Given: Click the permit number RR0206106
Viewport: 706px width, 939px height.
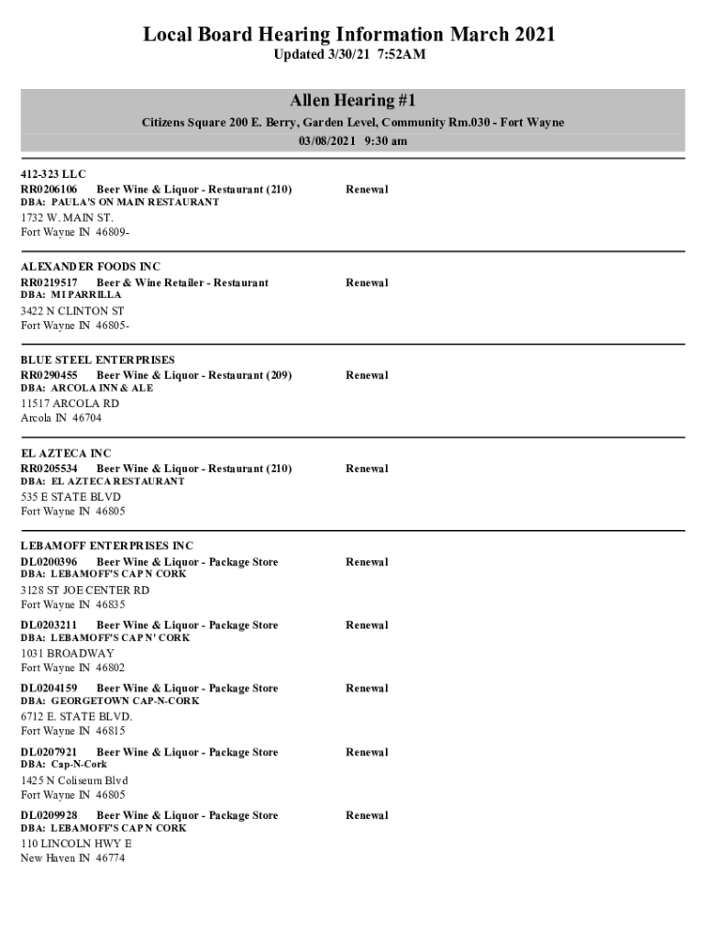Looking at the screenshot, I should pyautogui.click(x=49, y=190).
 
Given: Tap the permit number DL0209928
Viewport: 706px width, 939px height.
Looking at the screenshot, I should pyautogui.click(x=49, y=815).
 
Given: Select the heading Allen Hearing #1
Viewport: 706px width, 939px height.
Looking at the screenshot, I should pyautogui.click(x=353, y=101).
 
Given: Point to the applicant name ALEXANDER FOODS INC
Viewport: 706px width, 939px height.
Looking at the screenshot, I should pyautogui.click(x=91, y=267).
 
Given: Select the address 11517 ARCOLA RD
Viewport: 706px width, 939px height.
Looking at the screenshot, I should pyautogui.click(x=70, y=403).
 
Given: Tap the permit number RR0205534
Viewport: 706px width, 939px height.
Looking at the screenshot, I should pyautogui.click(x=49, y=469).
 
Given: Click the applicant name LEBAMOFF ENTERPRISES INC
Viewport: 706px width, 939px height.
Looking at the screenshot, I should pyautogui.click(x=107, y=547).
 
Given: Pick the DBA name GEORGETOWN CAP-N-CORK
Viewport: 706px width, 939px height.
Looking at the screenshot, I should pyautogui.click(x=125, y=701).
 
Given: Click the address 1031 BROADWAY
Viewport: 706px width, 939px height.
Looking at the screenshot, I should pyautogui.click(x=67, y=653).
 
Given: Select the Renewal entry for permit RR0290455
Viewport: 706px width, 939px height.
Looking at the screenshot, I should pyautogui.click(x=367, y=375).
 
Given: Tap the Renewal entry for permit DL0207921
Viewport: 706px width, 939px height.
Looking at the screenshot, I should pyautogui.click(x=367, y=752).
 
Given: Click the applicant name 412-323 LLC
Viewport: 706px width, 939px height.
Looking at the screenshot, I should pyautogui.click(x=53, y=174).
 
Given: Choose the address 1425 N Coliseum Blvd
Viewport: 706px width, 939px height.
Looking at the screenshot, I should pyautogui.click(x=74, y=780).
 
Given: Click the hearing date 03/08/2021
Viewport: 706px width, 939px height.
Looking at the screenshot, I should pyautogui.click(x=326, y=141).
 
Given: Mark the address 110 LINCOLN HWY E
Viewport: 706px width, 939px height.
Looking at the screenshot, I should pyautogui.click(x=76, y=844).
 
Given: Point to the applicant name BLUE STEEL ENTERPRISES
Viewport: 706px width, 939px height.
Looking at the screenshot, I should pyautogui.click(x=98, y=360).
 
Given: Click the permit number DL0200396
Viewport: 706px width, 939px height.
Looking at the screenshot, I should pyautogui.click(x=49, y=562).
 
